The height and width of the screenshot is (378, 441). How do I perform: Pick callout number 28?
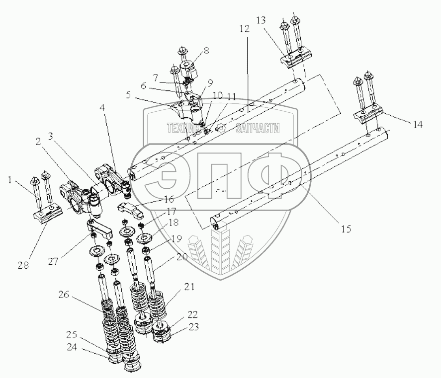[x=24, y=266]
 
